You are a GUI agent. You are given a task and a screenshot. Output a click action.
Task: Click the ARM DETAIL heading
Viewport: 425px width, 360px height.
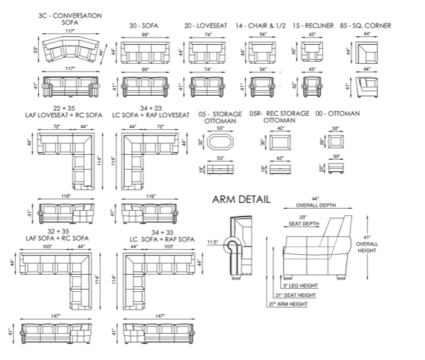(241, 200)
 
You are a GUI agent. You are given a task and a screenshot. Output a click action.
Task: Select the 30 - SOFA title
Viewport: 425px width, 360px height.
(143, 26)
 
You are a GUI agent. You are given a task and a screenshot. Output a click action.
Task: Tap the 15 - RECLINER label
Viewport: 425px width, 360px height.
(313, 26)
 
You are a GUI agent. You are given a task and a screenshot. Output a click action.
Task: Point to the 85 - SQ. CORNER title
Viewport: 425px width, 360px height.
(365, 26)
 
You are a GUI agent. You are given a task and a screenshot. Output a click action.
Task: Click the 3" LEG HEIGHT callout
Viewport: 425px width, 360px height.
(300, 285)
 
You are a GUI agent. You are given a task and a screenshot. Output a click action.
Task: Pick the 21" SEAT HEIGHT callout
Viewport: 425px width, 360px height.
(296, 295)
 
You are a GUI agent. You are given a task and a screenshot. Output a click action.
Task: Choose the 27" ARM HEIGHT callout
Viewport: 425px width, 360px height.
(288, 304)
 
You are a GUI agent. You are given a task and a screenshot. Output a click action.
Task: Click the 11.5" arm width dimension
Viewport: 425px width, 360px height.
(213, 242)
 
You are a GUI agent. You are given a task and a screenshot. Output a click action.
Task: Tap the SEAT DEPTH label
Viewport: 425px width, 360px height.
(304, 224)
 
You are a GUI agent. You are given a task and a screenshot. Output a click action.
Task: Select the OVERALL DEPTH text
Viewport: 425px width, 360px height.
(316, 205)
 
